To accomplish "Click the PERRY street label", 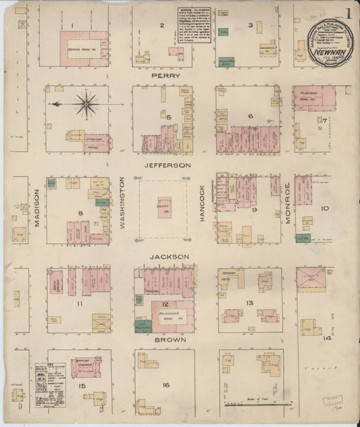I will point(165,76).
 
